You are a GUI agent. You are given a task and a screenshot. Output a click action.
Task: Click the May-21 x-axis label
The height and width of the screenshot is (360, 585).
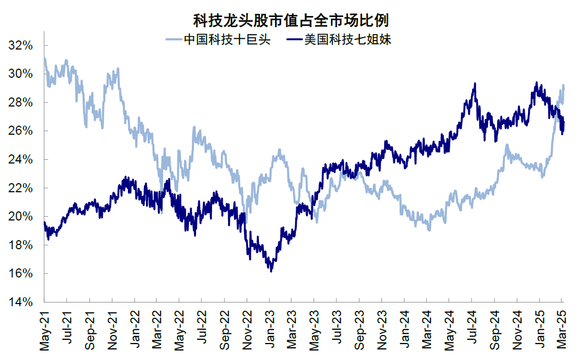(x=44, y=330)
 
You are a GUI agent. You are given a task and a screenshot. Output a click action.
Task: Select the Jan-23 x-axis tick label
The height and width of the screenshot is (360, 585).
(x=270, y=330)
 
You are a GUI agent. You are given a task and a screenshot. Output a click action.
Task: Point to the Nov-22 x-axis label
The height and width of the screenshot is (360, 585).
(x=247, y=330)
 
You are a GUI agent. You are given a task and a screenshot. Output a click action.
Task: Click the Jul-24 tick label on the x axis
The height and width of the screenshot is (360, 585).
(x=472, y=330)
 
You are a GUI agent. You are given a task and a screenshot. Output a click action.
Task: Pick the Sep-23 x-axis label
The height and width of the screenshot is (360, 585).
(x=360, y=330)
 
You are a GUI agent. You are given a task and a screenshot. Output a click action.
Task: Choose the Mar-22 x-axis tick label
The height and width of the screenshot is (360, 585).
(x=157, y=330)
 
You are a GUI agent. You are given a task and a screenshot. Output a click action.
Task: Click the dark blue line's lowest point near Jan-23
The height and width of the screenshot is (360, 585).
(x=271, y=272)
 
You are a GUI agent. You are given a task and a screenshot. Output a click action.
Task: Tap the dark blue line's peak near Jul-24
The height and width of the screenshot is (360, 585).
(x=474, y=83)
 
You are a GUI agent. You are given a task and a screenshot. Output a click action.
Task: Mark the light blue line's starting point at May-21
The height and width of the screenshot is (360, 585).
(x=44, y=58)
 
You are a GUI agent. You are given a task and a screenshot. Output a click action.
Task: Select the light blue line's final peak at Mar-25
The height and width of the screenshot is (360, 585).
(x=563, y=85)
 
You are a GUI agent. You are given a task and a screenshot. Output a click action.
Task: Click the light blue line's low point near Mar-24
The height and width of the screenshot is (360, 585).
(x=429, y=230)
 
